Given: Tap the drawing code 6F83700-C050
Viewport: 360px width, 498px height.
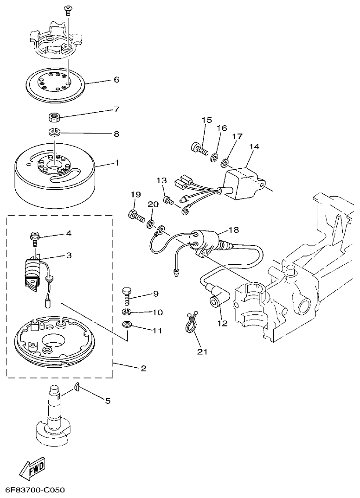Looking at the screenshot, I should (35, 490).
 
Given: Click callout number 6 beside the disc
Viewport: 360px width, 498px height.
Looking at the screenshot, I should (116, 80).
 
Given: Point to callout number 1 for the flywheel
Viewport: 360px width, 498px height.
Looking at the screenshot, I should (117, 163).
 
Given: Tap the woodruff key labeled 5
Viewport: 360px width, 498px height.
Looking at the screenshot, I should (77, 388).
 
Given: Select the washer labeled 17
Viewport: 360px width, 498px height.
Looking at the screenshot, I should (225, 163).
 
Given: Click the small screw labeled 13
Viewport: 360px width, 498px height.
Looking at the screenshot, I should (168, 200).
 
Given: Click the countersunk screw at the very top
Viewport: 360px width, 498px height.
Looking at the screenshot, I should (68, 8).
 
